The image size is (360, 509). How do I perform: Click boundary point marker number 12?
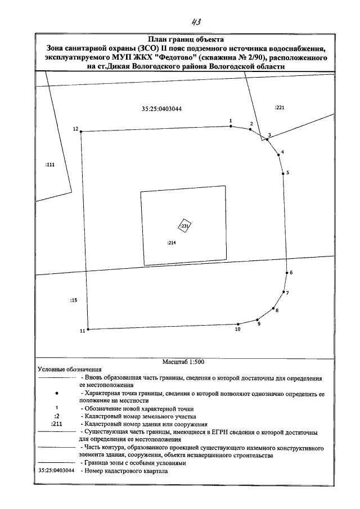81,132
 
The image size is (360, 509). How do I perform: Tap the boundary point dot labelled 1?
231,127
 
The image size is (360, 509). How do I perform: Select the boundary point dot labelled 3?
268,139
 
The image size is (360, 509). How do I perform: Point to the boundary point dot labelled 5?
283,174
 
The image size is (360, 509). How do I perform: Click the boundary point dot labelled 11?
88,330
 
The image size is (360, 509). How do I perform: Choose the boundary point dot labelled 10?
238,324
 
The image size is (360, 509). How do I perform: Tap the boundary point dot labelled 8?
273,308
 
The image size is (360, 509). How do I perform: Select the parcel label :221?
280,107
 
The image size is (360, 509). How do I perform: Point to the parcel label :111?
49,165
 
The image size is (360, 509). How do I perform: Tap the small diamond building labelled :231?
184,226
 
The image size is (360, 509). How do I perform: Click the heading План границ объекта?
186,40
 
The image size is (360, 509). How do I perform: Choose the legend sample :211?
56,424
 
